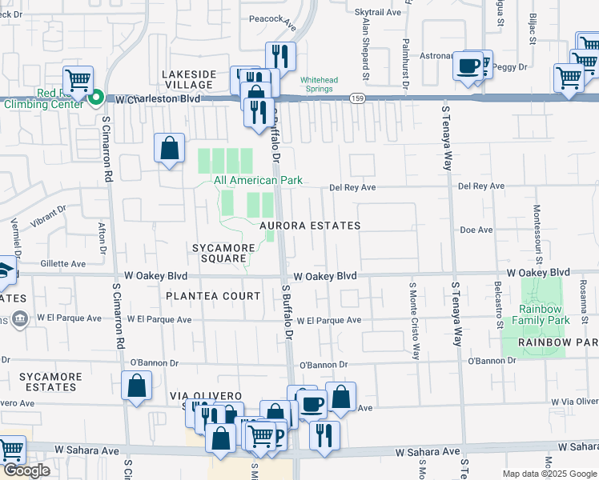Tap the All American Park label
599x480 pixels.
[258, 180]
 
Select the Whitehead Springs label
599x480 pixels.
[324, 85]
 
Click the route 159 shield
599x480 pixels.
[356, 98]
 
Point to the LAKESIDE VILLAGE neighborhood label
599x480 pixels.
[189, 80]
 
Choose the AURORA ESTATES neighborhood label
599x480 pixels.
[309, 226]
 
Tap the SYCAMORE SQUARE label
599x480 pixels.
[223, 253]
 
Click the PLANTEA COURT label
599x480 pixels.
[213, 296]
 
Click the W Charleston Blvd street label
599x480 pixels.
[158, 100]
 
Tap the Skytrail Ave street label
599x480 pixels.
[377, 12]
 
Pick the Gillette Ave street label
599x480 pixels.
[62, 263]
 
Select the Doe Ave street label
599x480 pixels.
[476, 230]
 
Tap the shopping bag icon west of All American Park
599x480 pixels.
[170, 147]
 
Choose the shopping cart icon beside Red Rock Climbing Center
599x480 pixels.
[78, 79]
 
